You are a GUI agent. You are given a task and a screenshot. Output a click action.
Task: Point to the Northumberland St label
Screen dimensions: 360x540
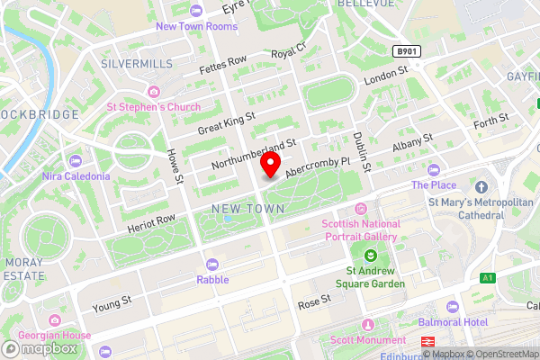pyautogui.click(x=254, y=155)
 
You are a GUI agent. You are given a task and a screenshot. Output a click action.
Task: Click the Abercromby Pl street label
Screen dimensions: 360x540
pyautogui.click(x=317, y=167)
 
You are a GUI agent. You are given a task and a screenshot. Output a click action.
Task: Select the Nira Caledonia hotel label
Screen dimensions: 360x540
pyautogui.click(x=76, y=176)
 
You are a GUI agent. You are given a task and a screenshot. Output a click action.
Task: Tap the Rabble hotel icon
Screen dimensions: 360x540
pyautogui.click(x=212, y=264)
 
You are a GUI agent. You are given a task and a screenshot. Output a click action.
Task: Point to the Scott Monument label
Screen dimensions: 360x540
pyautogui.click(x=367, y=340)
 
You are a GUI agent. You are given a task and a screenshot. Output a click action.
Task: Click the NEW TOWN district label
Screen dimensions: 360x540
pyautogui.click(x=247, y=208)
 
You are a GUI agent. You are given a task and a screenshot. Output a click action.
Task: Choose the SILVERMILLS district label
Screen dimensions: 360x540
pyautogui.click(x=135, y=65)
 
